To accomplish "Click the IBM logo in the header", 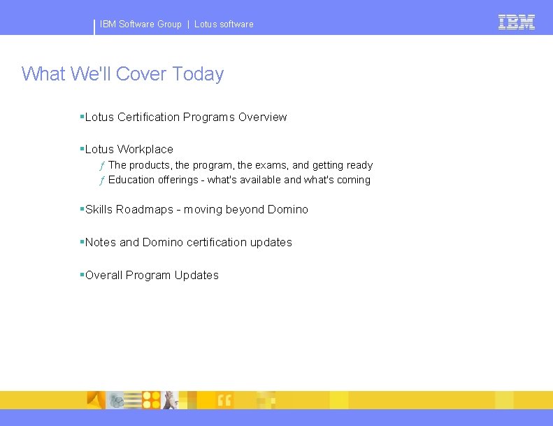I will pyautogui.click(x=517, y=22).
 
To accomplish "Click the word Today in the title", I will pyautogui.click(x=198, y=73).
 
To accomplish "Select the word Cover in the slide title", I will pyautogui.click(x=142, y=73).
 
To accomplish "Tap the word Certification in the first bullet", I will pyautogui.click(x=149, y=117).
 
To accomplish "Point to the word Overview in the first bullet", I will pyautogui.click(x=262, y=117).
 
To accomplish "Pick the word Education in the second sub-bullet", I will pyautogui.click(x=131, y=180).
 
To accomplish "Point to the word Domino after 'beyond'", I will pyautogui.click(x=287, y=209).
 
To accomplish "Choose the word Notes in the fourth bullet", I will pyautogui.click(x=101, y=242).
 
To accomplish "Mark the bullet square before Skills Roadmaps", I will pyautogui.click(x=82, y=208).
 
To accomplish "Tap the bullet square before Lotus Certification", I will pyautogui.click(x=82, y=116).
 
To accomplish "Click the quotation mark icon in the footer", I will pyautogui.click(x=224, y=400).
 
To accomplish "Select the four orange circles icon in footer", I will pyautogui.click(x=152, y=399).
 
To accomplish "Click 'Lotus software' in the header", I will pyautogui.click(x=224, y=24).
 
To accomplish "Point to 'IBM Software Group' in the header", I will pyautogui.click(x=141, y=24).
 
